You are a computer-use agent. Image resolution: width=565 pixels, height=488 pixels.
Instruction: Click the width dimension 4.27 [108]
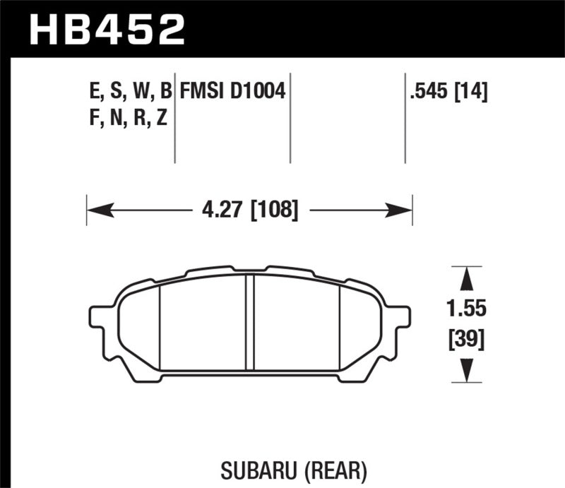pyautogui.click(x=247, y=210)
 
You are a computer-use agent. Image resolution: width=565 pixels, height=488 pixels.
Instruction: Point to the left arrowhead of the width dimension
pyautogui.click(x=96, y=210)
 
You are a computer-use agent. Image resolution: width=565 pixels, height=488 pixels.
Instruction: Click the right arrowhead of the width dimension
pyautogui.click(x=403, y=210)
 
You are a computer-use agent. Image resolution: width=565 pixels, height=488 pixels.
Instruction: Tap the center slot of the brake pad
pyautogui.click(x=249, y=321)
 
